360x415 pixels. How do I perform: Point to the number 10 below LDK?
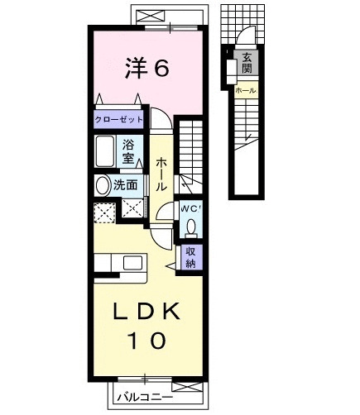coord(147,339)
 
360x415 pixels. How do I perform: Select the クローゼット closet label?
coord(118,120)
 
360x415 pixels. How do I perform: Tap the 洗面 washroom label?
coord(126,185)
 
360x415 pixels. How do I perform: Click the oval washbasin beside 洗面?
coord(103,185)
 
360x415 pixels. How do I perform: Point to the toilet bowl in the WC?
coord(191,226)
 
